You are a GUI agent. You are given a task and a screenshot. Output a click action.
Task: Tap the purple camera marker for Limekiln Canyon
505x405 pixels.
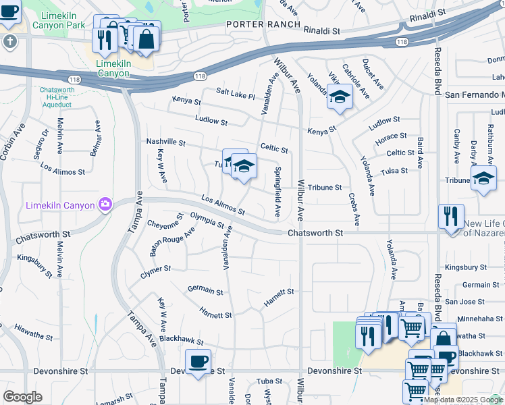(105, 204)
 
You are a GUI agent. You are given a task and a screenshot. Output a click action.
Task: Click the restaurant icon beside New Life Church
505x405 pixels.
(451, 217)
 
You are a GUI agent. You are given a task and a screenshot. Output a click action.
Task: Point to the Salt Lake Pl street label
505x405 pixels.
(236, 93)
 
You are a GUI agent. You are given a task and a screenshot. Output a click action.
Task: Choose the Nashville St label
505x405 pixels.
(165, 142)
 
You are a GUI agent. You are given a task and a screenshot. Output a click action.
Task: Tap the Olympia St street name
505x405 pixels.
(207, 219)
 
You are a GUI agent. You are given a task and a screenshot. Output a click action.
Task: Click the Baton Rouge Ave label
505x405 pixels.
(172, 242)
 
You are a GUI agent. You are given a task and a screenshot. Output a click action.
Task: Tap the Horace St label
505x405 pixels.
(391, 137)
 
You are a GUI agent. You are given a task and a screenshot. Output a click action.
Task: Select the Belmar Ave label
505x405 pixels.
(97, 138)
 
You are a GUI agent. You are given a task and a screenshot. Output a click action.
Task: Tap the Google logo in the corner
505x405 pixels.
(22, 397)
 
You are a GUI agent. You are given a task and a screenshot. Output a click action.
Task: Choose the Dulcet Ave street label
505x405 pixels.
(374, 74)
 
